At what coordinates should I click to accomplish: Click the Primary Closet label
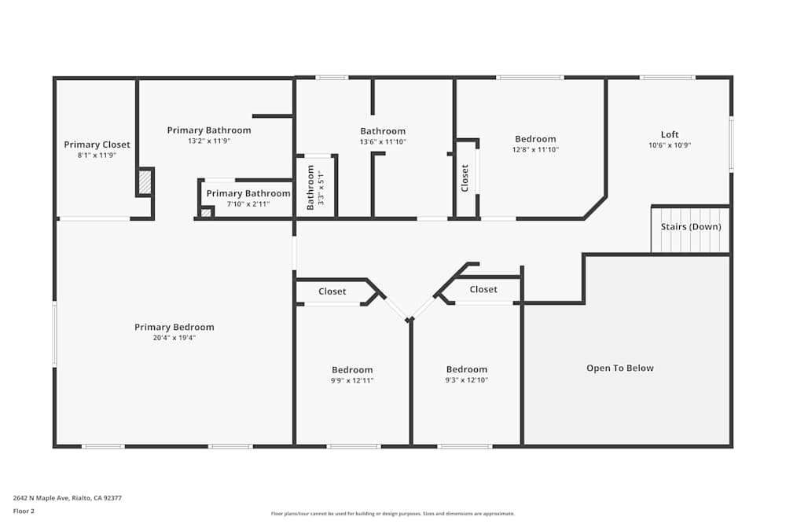tap(97, 145)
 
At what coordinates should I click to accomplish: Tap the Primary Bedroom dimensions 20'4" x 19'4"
tap(174, 338)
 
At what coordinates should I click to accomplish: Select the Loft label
tap(670, 134)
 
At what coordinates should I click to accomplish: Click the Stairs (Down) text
tap(691, 227)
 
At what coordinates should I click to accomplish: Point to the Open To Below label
tap(620, 368)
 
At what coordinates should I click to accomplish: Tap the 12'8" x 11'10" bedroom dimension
tap(535, 149)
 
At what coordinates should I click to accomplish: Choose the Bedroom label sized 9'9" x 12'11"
tap(352, 370)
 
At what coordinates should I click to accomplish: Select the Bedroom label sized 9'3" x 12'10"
tap(467, 370)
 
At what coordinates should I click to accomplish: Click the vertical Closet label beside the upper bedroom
tap(465, 178)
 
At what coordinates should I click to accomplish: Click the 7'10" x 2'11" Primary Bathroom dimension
tap(248, 204)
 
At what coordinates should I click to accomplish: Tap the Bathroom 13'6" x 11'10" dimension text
tap(383, 142)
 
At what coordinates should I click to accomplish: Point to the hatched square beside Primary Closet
tap(145, 182)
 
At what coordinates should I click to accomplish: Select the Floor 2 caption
tap(24, 511)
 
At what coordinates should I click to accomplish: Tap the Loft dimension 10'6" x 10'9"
tap(670, 145)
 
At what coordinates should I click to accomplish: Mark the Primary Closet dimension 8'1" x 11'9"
tap(97, 156)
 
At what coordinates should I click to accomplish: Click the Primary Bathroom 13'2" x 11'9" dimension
tap(209, 141)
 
